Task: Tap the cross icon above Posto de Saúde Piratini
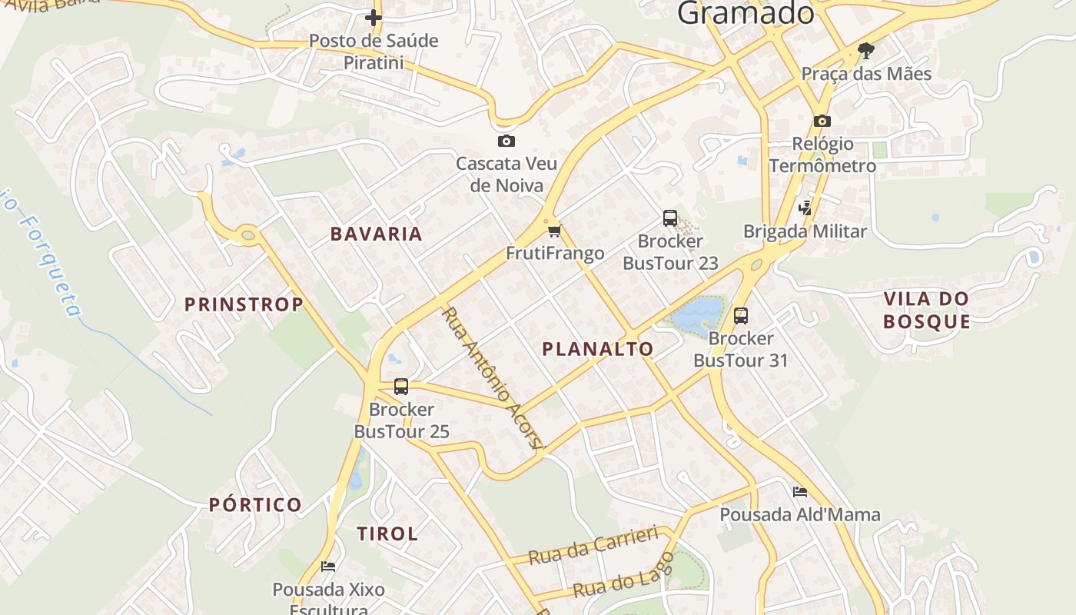point(374,17)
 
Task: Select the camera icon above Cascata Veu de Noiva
point(506,141)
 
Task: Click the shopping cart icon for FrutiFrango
point(555,231)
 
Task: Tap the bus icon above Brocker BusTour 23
point(670,218)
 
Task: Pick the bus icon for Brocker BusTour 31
point(741,315)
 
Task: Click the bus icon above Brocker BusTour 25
point(401,387)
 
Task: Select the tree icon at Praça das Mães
point(866,52)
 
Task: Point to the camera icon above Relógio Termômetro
point(822,121)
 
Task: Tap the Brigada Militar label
point(805,231)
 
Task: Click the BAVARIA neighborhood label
point(377,234)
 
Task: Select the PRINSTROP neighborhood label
point(244,304)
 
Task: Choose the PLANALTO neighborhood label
point(598,349)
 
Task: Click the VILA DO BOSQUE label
point(926,310)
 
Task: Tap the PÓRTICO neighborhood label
point(256,505)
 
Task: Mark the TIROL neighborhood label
point(387,534)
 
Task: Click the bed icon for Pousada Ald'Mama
point(800,492)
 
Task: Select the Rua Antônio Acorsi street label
point(493,377)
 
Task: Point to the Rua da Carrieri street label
point(594,545)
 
